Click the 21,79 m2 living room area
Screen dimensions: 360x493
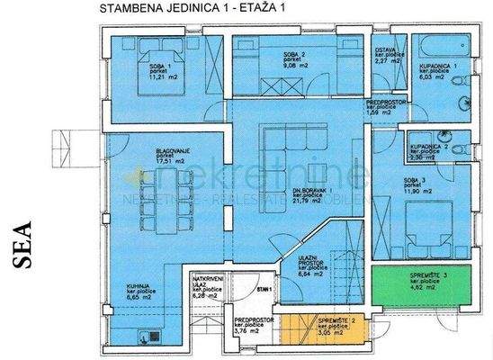(317, 201)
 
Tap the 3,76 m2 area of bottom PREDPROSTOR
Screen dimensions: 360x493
(246, 330)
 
